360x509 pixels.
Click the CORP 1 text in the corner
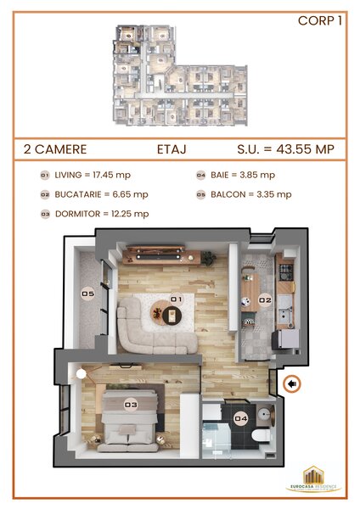point(320,22)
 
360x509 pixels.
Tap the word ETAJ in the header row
point(172,148)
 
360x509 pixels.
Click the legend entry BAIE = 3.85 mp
point(241,175)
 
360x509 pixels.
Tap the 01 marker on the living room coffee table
point(176,299)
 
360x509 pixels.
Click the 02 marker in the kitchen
point(264,299)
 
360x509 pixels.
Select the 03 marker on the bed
point(131,405)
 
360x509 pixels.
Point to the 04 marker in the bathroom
point(241,417)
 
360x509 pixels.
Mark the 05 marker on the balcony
point(87,294)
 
